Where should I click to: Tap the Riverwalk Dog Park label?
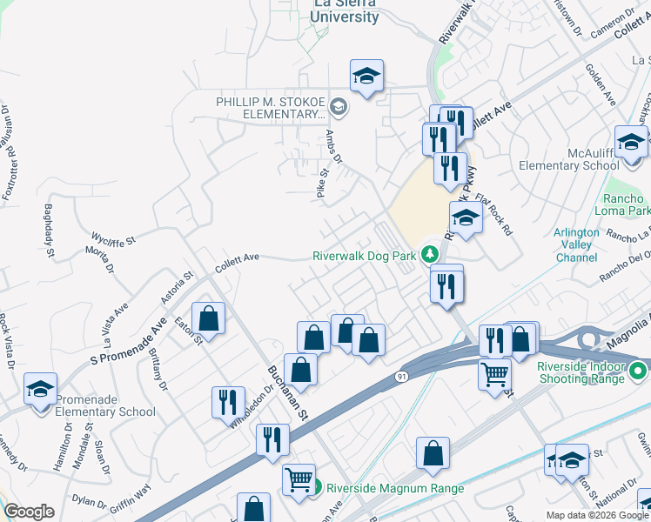pyautogui.click(x=364, y=257)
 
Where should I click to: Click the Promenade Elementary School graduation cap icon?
pyautogui.click(x=40, y=391)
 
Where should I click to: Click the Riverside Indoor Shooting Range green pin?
pyautogui.click(x=639, y=371)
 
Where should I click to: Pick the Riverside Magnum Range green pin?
pyautogui.click(x=319, y=488)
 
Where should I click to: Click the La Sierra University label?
pyautogui.click(x=346, y=10)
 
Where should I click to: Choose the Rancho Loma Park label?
pyautogui.click(x=622, y=204)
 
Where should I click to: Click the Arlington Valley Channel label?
pyautogui.click(x=576, y=245)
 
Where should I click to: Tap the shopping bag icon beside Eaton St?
pyautogui.click(x=209, y=318)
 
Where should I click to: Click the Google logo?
pyautogui.click(x=29, y=512)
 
